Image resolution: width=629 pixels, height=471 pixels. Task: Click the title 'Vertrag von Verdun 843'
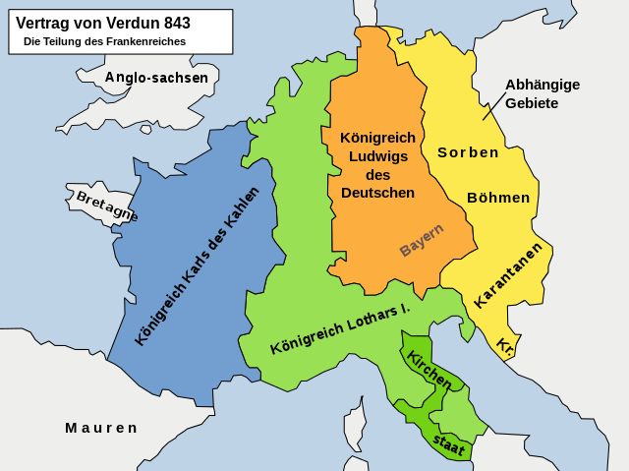103,24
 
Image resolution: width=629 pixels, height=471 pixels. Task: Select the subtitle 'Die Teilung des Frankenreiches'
104,42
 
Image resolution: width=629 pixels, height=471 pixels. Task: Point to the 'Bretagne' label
106,205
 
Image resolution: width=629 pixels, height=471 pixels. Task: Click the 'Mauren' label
101,428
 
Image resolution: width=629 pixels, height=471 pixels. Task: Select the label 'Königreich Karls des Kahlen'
197,265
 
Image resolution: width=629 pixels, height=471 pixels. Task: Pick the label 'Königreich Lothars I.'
339,329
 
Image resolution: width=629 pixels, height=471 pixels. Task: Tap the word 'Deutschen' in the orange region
378,193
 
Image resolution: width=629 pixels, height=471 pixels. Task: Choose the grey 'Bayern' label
422,240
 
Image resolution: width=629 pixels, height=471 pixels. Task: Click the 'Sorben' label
468,152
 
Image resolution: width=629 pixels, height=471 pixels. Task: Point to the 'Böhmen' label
498,198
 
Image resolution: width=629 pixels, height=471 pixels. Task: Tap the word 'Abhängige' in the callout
543,85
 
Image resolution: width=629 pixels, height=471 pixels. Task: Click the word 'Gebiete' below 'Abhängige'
532,103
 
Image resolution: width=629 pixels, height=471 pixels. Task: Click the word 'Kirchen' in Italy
429,369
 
